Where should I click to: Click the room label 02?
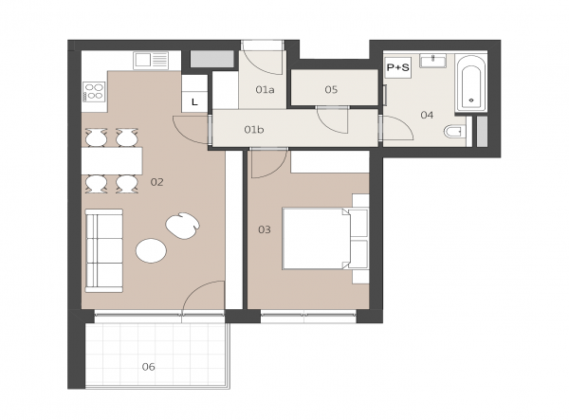coord(156,182)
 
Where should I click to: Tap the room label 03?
coord(265,229)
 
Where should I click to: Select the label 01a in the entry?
coord(265,89)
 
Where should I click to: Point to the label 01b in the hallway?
coord(253,130)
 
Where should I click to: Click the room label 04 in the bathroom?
coord(427,115)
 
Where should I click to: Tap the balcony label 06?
coord(149,367)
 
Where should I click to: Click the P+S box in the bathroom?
coord(398,67)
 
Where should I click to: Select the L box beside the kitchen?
coord(194,102)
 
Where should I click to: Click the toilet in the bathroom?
coord(454,131)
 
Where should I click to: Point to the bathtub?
coord(470,83)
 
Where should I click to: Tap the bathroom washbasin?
coord(433,61)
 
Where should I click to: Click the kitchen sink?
coord(151,61)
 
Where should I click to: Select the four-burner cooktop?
coord(94,91)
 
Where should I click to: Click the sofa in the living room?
coord(104,250)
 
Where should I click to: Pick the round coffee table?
coord(151,250)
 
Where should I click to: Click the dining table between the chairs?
coord(112,160)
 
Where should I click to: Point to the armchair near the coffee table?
coord(182,226)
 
